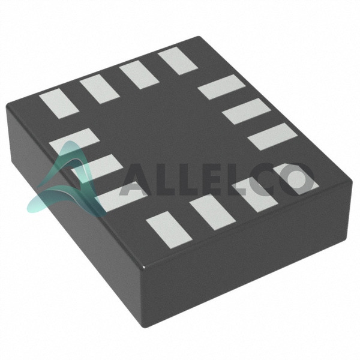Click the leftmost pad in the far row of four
coord(59,104)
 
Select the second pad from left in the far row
coord(100,89)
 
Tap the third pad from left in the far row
coord(139,74)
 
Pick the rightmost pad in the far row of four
coord(178,61)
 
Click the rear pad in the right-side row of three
coord(222,87)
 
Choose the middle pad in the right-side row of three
coord(247,111)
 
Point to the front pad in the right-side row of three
coord(273,137)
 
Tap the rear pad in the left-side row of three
coord(74,141)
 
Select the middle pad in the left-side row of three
coord(97,167)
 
